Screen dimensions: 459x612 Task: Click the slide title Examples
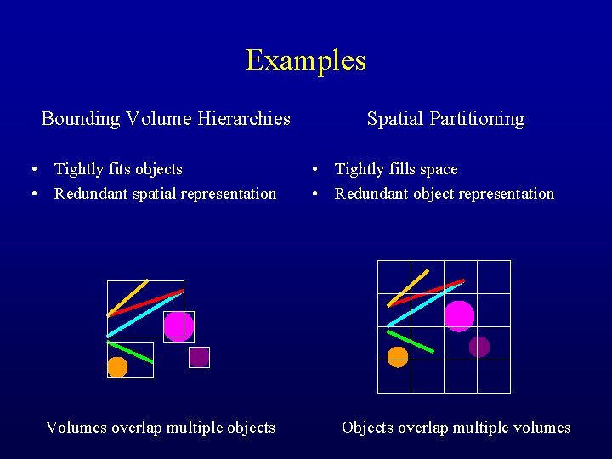pos(306,60)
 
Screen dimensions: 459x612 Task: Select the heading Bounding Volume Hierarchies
pos(166,119)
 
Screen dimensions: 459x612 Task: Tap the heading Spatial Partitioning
pos(445,119)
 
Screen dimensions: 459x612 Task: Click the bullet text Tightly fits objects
pos(118,169)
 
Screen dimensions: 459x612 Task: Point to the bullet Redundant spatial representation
pos(165,194)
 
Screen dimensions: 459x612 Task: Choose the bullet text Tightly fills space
pos(396,169)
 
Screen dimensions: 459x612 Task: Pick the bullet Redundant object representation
pos(444,194)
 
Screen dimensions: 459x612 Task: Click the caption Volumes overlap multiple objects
pos(160,428)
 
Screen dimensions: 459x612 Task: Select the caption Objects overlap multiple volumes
pos(456,428)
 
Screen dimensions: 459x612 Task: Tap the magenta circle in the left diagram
pos(178,326)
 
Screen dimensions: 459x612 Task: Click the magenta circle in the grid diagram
pos(459,316)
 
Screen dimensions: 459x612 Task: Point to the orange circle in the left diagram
pos(117,367)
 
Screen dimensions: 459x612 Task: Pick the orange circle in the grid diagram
pos(398,357)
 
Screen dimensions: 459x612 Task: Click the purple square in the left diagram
pos(199,357)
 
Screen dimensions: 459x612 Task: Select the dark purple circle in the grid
pos(479,347)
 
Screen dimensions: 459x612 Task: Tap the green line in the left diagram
pos(130,352)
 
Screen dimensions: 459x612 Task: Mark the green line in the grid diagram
pos(411,341)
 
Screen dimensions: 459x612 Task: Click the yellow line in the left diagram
pos(127,297)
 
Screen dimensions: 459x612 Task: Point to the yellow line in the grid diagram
pos(408,287)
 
